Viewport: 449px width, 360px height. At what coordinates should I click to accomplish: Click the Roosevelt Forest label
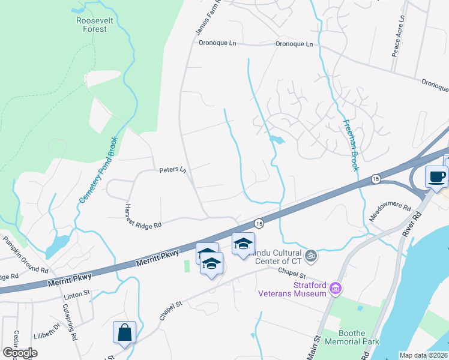[92, 24]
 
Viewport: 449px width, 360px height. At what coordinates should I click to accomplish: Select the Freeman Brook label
[351, 145]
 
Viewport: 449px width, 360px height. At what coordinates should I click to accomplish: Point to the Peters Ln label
[173, 170]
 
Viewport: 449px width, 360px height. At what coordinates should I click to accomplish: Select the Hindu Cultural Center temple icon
[311, 256]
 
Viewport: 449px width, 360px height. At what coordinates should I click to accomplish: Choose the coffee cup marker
[436, 176]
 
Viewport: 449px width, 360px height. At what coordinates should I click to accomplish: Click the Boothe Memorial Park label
[352, 337]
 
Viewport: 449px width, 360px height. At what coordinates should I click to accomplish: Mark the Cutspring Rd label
[70, 323]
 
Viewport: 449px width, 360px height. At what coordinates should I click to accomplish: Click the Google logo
[19, 353]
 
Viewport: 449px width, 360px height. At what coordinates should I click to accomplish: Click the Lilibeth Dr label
[47, 329]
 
